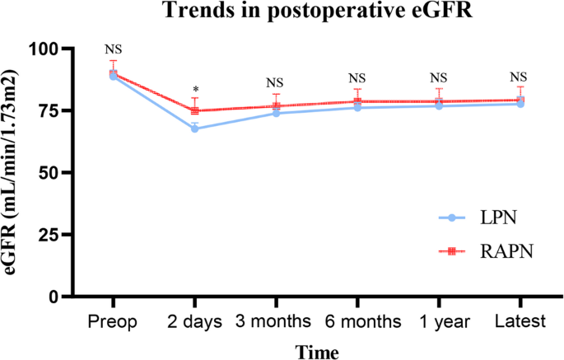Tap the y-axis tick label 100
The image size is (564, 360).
44,49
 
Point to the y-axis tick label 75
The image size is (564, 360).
49,110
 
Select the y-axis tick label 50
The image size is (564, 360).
49,172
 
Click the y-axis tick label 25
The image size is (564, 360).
49,234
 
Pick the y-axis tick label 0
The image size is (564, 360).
53,296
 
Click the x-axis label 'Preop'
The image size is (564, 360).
114,320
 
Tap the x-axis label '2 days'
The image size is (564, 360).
194,320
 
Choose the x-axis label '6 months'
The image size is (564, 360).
357,320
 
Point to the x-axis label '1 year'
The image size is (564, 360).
438,320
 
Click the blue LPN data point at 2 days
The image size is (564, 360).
194,129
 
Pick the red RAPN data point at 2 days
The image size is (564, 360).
194,110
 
